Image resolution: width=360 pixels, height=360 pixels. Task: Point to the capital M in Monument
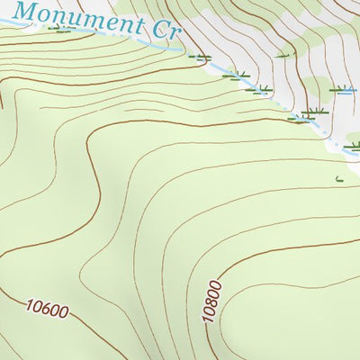click(28, 11)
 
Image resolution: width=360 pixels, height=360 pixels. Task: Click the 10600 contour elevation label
click(48, 310)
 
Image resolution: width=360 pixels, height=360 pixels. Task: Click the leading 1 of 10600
click(30, 305)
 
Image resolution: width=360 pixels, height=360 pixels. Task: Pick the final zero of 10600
click(64, 315)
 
